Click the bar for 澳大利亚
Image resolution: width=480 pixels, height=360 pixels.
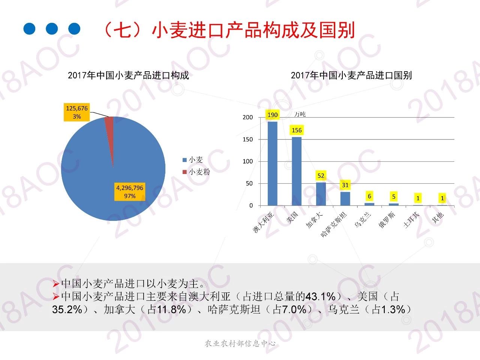point(273,163)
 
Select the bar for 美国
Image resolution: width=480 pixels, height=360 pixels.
point(297,171)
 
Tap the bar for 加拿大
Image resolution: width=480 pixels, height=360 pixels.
point(321,194)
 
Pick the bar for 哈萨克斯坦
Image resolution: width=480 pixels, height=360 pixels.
point(345,199)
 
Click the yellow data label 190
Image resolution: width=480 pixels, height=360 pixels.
point(273,115)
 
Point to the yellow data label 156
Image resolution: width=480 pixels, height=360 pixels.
point(297,130)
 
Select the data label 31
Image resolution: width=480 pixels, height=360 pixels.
point(345,185)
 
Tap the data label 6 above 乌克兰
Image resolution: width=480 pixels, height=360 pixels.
point(369,196)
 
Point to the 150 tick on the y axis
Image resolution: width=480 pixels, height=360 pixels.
point(248,139)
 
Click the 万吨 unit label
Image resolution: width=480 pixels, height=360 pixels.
point(300,114)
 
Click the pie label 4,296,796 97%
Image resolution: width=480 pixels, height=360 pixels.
point(130,192)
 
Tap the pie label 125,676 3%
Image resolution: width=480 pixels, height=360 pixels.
point(77,112)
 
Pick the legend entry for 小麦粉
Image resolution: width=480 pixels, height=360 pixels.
point(196,172)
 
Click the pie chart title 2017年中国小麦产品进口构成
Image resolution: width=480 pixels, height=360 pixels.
point(128,75)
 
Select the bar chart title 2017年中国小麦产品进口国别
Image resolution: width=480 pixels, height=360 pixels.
point(351,75)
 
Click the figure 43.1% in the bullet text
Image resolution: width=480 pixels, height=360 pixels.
point(320,297)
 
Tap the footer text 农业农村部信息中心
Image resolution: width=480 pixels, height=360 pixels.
point(240,343)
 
